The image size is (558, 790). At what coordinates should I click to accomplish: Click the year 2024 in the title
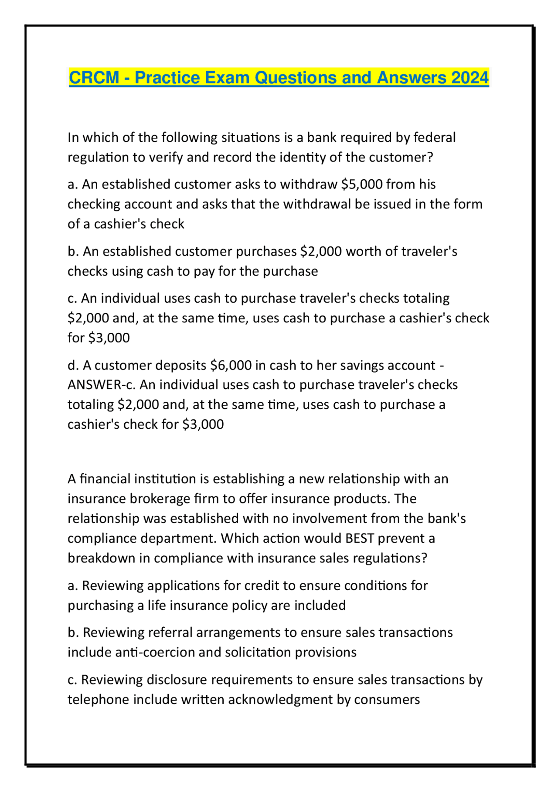470,78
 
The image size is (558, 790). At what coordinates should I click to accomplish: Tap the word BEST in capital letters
360,538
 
